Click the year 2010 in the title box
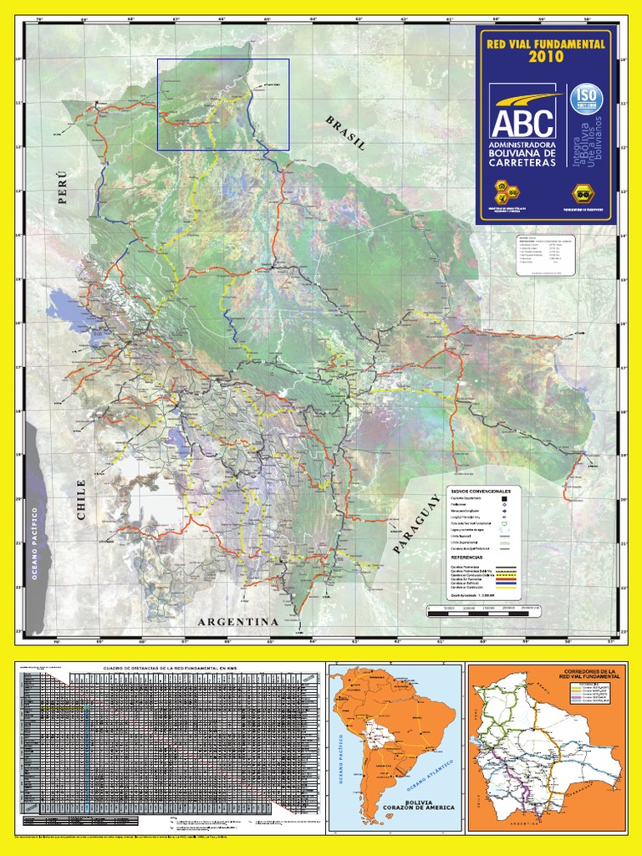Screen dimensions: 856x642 pos(544,57)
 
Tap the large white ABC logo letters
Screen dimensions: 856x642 pos(522,122)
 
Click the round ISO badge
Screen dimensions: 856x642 pos(587,99)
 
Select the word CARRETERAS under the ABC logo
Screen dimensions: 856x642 pos(522,163)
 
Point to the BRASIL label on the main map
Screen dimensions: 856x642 pos(346,133)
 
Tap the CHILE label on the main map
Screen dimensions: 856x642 pos(81,500)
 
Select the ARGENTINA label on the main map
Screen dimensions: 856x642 pos(237,622)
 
